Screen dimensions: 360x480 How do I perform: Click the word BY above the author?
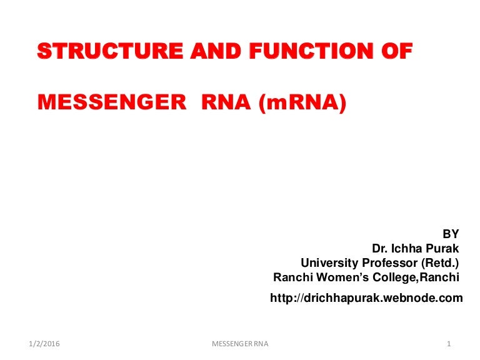(x=451, y=234)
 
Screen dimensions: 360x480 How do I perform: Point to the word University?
(x=329, y=263)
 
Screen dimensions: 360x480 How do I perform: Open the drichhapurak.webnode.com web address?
(x=366, y=298)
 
